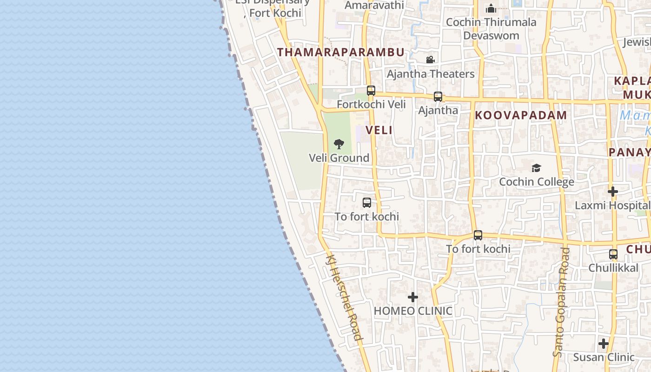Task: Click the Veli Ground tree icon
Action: pos(339,144)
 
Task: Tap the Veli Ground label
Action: pos(339,158)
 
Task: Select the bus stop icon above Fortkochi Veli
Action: pos(371,91)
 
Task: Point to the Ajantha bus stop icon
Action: pos(438,97)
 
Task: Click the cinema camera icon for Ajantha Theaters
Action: pos(430,60)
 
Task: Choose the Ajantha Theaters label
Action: pos(431,74)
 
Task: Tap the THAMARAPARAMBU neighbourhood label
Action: pos(341,52)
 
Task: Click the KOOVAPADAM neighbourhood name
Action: pos(521,115)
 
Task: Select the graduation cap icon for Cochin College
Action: pos(536,168)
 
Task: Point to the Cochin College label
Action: pos(536,182)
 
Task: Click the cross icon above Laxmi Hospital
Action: pos(612,191)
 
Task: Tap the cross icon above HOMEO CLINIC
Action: pos(412,297)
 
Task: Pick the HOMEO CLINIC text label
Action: pos(413,311)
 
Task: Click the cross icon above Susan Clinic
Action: pos(603,344)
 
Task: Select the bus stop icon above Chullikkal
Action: pos(613,254)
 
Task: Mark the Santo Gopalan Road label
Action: pos(561,302)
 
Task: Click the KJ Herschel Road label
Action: pos(344,298)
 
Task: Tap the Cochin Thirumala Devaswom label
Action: pos(491,29)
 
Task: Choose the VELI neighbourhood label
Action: pos(379,130)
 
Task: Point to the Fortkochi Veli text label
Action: pos(371,105)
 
